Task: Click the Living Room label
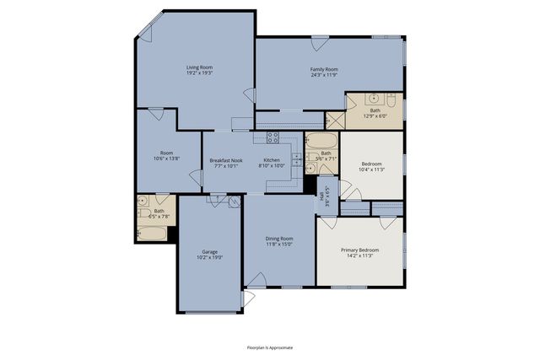pos(199,67)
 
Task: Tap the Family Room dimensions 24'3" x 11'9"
pos(324,75)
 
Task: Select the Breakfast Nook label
pos(224,160)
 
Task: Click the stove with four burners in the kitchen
pos(273,137)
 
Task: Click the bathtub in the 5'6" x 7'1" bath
pos(321,140)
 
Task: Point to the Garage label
pos(210,252)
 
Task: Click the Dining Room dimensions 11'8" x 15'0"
pos(281,244)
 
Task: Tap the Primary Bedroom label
pos(360,250)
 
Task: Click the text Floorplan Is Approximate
pos(270,347)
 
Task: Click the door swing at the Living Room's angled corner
pos(145,34)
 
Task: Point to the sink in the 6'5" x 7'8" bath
pos(143,202)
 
